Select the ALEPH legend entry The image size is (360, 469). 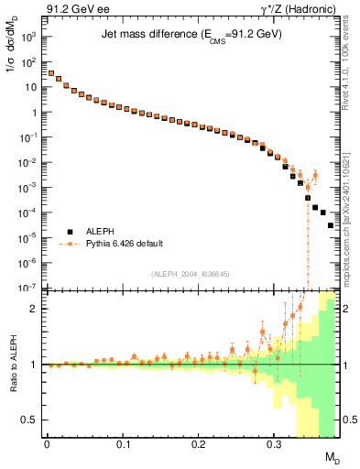point(103,233)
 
